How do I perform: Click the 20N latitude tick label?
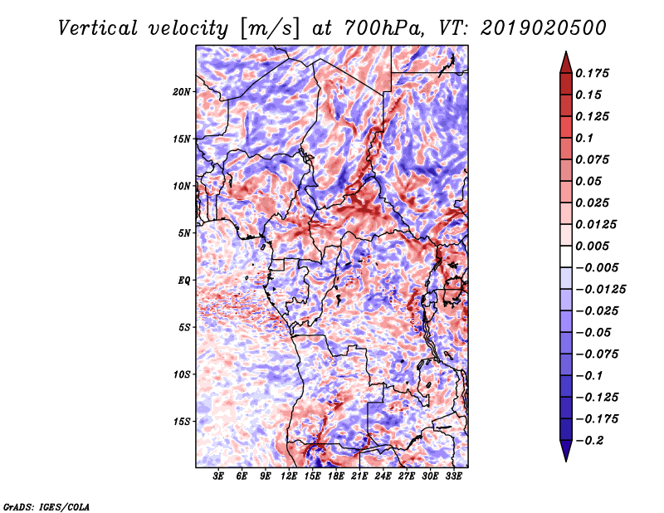pos(181,92)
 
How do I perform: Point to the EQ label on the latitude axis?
pos(183,281)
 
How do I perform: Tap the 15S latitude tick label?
pos(181,422)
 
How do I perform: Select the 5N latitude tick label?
pos(183,233)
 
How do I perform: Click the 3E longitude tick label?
pos(218,476)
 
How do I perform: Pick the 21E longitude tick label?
pos(359,476)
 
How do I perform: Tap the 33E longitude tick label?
pos(453,476)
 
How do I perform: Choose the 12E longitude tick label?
pos(288,476)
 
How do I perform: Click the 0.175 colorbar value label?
pos(592,73)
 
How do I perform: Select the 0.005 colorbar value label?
pos(592,246)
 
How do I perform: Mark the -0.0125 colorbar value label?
pos(601,290)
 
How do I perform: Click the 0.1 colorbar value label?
pos(584,138)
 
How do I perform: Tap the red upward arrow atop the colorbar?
pos(566,62)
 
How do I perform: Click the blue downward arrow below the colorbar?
pos(566,450)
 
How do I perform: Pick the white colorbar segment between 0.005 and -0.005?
pos(566,256)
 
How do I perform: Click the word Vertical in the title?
pos(98,28)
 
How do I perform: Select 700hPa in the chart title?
pos(383,28)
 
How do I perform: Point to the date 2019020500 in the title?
pos(544,28)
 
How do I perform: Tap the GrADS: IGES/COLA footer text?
pos(46,507)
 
